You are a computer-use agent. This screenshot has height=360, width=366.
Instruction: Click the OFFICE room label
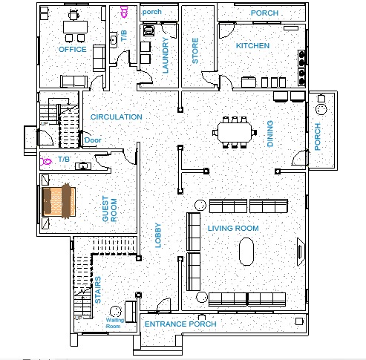click(73, 49)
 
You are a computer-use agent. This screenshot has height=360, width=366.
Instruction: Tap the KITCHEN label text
click(252, 45)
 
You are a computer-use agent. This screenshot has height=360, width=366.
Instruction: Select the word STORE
click(195, 50)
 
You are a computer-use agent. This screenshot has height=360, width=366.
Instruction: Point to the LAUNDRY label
click(166, 55)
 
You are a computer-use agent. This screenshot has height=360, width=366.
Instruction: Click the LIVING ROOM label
click(233, 228)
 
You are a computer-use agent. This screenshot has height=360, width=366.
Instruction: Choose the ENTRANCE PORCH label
click(180, 324)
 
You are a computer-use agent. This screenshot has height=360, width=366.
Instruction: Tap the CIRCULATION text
click(116, 117)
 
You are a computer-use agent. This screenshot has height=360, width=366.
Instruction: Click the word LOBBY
click(158, 235)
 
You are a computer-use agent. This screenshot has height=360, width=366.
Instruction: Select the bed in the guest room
click(59, 201)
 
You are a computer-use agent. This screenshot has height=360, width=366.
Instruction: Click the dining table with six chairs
click(235, 133)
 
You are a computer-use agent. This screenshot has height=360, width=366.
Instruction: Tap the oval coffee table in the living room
click(246, 252)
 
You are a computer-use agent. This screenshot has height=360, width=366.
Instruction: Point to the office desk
click(75, 27)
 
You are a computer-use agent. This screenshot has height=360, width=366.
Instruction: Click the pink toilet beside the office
click(124, 12)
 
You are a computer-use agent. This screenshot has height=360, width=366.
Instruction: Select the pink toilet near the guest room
click(46, 162)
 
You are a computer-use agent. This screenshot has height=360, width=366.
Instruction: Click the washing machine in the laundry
click(148, 31)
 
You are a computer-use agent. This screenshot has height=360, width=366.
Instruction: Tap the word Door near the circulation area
click(93, 140)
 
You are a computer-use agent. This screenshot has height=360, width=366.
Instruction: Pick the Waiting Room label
click(114, 323)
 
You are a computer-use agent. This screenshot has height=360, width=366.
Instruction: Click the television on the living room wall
click(301, 252)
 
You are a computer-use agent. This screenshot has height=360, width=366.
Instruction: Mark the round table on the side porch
click(321, 109)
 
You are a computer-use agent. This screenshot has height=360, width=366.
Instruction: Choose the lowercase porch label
click(152, 12)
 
